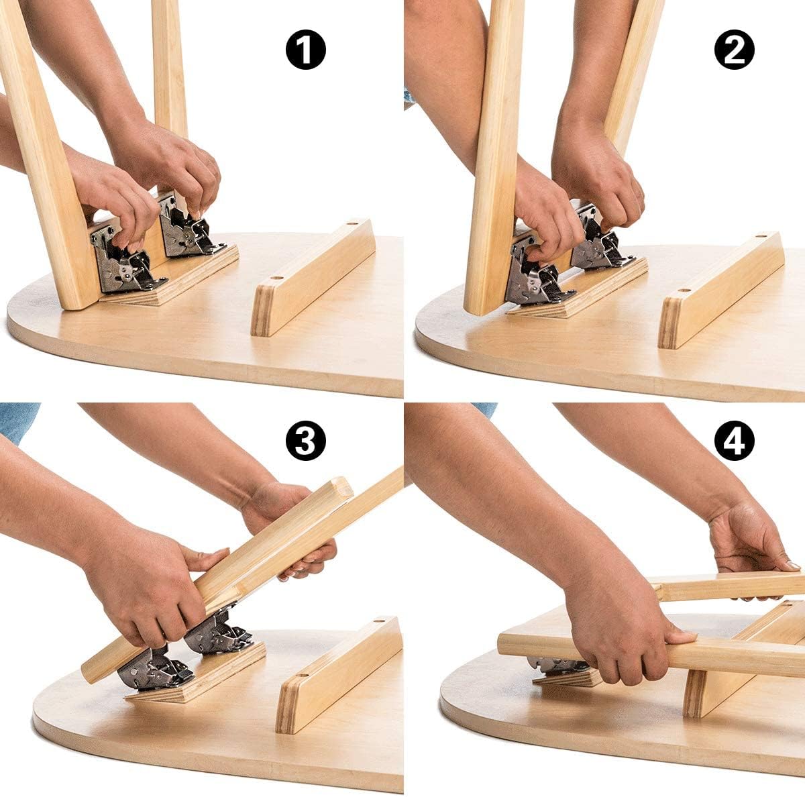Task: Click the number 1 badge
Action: point(306,50)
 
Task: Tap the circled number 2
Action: point(734,50)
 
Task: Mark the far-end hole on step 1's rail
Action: point(350,225)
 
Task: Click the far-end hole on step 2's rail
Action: point(758,238)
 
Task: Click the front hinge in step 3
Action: point(151,668)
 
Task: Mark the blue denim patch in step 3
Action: point(17,419)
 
